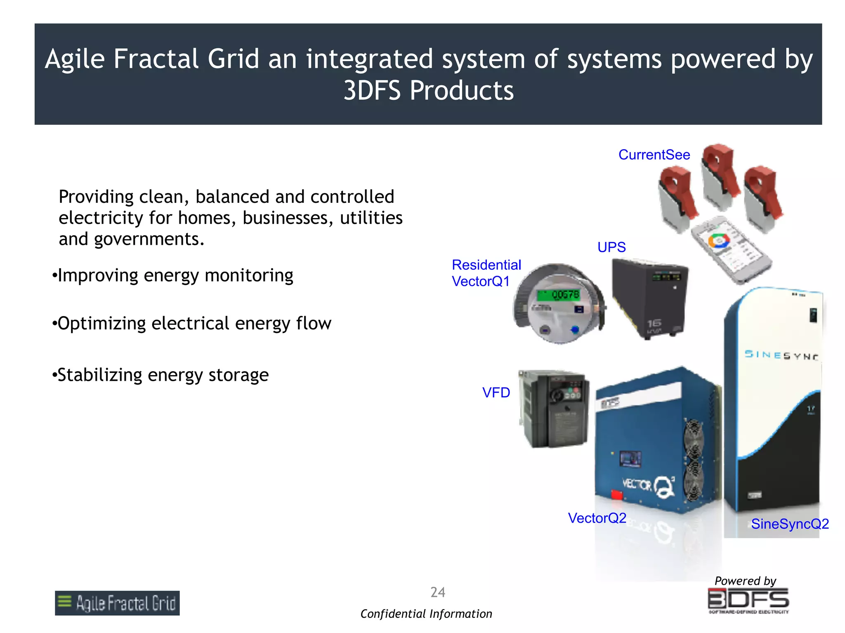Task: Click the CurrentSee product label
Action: pyautogui.click(x=654, y=155)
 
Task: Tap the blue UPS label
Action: pyautogui.click(x=611, y=247)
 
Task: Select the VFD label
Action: pyautogui.click(x=496, y=393)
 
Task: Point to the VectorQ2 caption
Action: pyautogui.click(x=597, y=518)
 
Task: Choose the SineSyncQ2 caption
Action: pyautogui.click(x=790, y=524)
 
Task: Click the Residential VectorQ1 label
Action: pyautogui.click(x=486, y=273)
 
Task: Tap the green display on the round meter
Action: pyautogui.click(x=558, y=295)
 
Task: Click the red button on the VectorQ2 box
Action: pyautogui.click(x=616, y=494)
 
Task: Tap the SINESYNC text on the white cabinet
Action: pyautogui.click(x=781, y=355)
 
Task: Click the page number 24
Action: pyautogui.click(x=438, y=592)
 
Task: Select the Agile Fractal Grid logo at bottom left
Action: pyautogui.click(x=117, y=603)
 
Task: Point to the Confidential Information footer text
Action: pyautogui.click(x=426, y=614)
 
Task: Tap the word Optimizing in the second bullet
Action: pyautogui.click(x=101, y=324)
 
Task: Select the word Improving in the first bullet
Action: pyautogui.click(x=98, y=275)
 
